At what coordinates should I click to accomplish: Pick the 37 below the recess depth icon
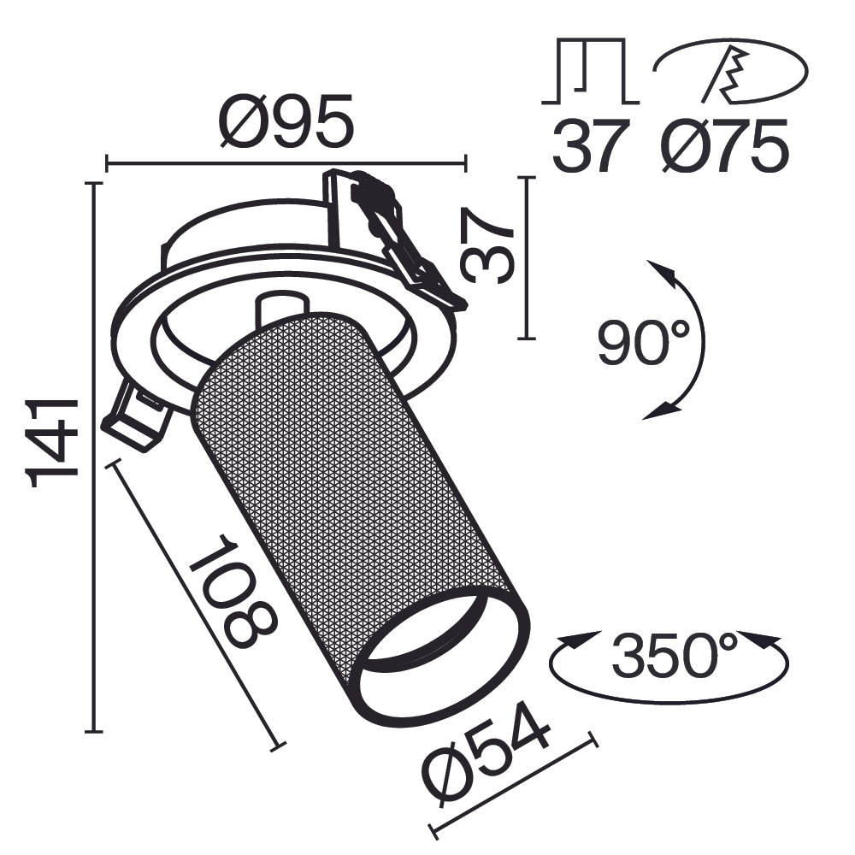click(590, 147)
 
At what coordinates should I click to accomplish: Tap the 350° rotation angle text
click(675, 656)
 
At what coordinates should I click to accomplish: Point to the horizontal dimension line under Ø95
click(286, 161)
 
